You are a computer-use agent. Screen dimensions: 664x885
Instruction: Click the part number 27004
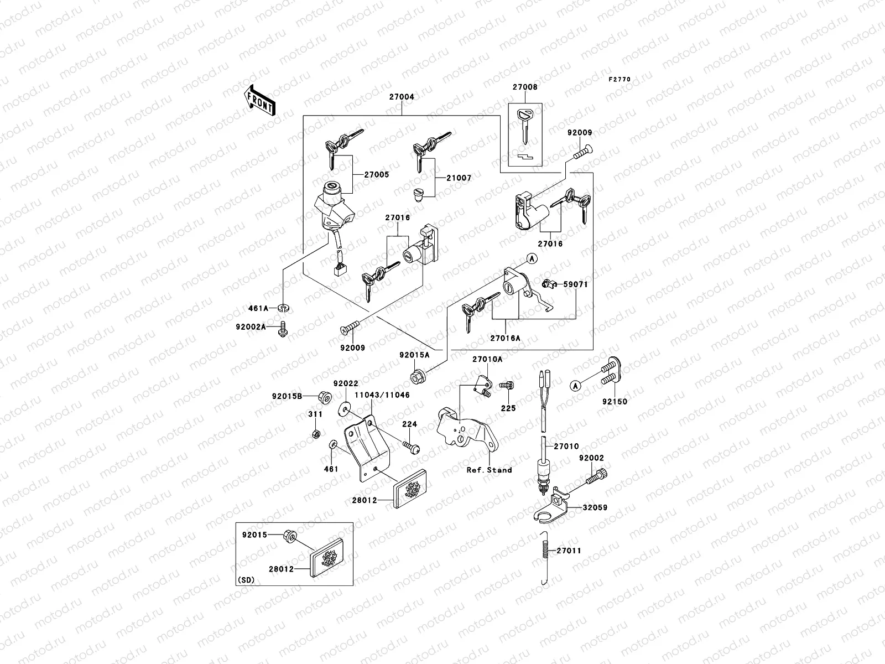[402, 97]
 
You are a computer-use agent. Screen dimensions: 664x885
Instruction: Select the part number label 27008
[524, 87]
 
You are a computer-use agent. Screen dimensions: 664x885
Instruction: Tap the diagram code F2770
[619, 80]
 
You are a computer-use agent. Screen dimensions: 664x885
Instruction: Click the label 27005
[377, 175]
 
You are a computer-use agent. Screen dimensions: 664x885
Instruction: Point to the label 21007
[460, 178]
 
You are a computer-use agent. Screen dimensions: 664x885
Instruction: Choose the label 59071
[575, 284]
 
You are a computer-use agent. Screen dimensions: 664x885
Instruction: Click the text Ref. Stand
[489, 470]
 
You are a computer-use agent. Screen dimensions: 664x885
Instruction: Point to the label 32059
[595, 507]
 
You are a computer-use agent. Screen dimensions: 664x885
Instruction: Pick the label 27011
[569, 551]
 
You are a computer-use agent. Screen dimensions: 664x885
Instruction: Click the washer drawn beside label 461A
[283, 308]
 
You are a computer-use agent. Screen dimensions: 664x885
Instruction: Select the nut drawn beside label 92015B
[325, 396]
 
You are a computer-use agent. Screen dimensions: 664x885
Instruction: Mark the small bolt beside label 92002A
[283, 329]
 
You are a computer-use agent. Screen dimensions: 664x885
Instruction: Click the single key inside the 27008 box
[524, 125]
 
